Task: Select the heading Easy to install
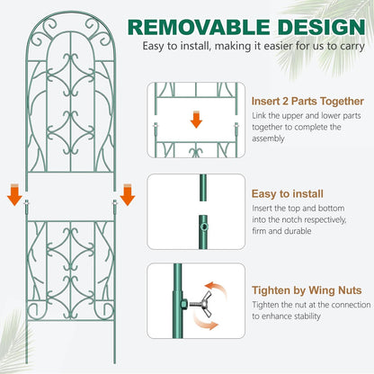click(x=282, y=191)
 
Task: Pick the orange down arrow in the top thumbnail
click(x=196, y=119)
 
